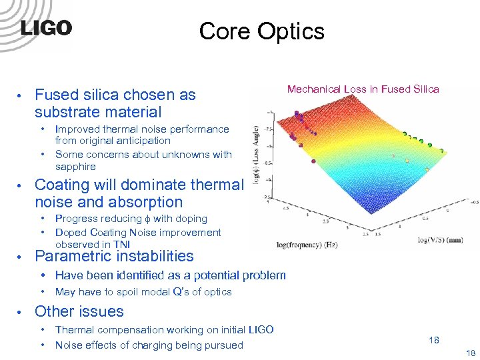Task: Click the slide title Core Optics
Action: tap(261, 31)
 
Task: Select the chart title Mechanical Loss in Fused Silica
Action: tap(363, 89)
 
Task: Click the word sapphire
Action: tap(75, 167)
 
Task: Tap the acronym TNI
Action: tap(121, 244)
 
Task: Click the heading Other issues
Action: tap(79, 311)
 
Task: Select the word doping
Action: tap(191, 219)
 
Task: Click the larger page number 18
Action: tap(434, 340)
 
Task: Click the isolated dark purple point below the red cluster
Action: tap(313, 161)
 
